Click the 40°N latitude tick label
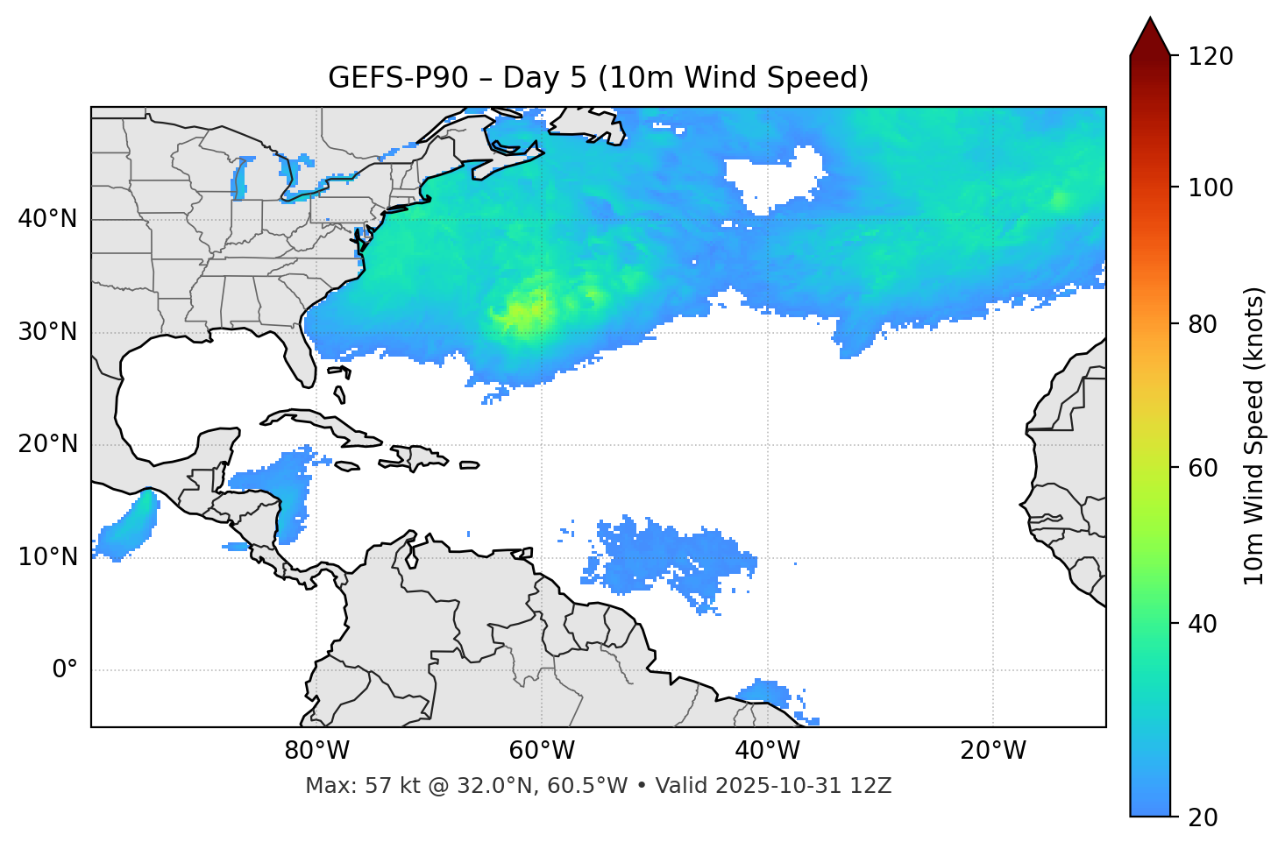[47, 219]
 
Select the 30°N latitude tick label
[47, 332]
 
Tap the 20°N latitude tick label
[47, 444]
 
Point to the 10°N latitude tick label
[47, 557]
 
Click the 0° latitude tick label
[65, 670]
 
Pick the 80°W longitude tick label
[316, 751]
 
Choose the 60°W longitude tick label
[542, 751]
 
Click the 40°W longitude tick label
[767, 751]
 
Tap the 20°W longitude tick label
[992, 751]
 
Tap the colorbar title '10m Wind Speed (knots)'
[1254, 435]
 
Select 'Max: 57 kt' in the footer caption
[348, 786]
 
